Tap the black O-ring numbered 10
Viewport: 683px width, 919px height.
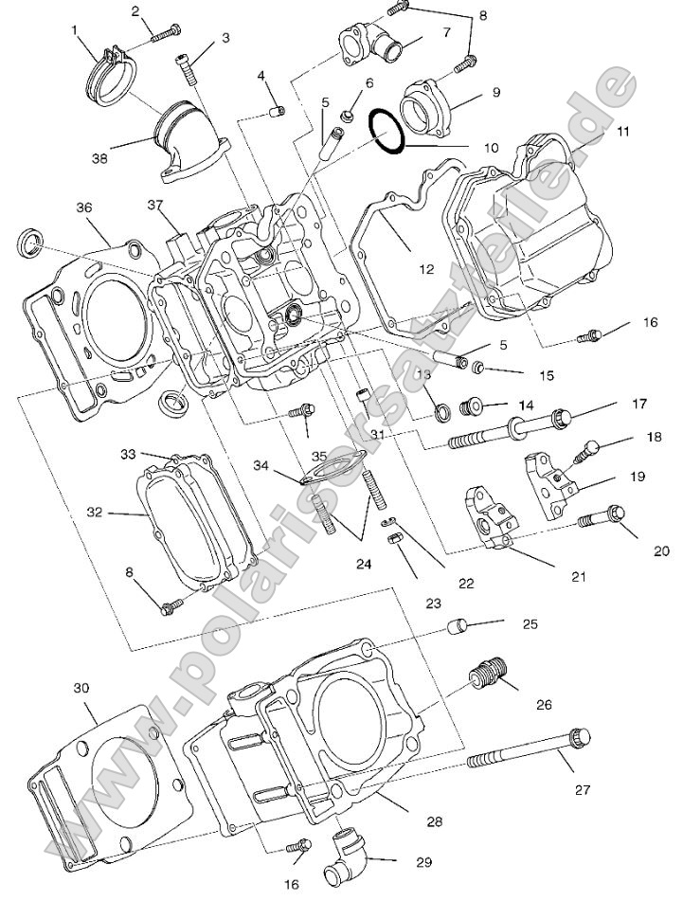[x=386, y=130]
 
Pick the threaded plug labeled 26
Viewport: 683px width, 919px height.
[x=488, y=676]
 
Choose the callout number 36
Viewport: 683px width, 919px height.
[x=83, y=207]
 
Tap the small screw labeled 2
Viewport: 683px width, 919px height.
[x=163, y=32]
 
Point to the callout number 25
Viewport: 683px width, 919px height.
[x=530, y=623]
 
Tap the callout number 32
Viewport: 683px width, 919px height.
[x=94, y=513]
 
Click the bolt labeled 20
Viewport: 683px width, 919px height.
[x=602, y=517]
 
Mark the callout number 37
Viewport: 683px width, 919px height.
[x=157, y=205]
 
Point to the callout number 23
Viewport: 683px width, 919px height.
[x=433, y=602]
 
